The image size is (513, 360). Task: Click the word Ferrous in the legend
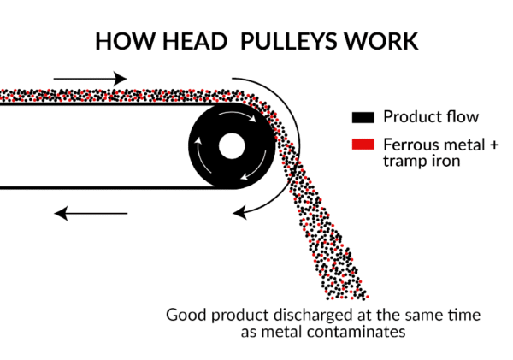[x=410, y=143]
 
